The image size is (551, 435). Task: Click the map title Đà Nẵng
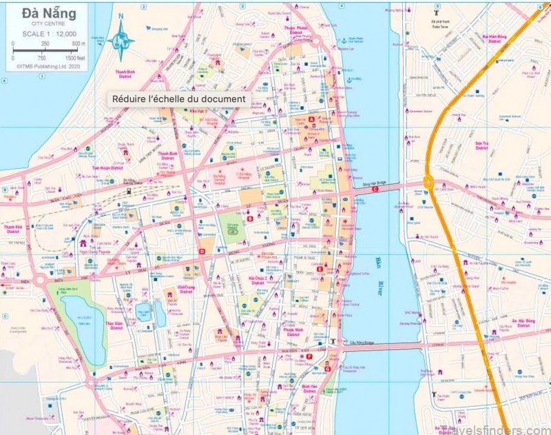click(x=41, y=13)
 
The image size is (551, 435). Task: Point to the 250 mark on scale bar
click(x=45, y=43)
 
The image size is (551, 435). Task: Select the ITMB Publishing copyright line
click(x=43, y=68)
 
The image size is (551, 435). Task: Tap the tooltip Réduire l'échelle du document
click(x=178, y=99)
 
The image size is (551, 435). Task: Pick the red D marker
click(x=202, y=252)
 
